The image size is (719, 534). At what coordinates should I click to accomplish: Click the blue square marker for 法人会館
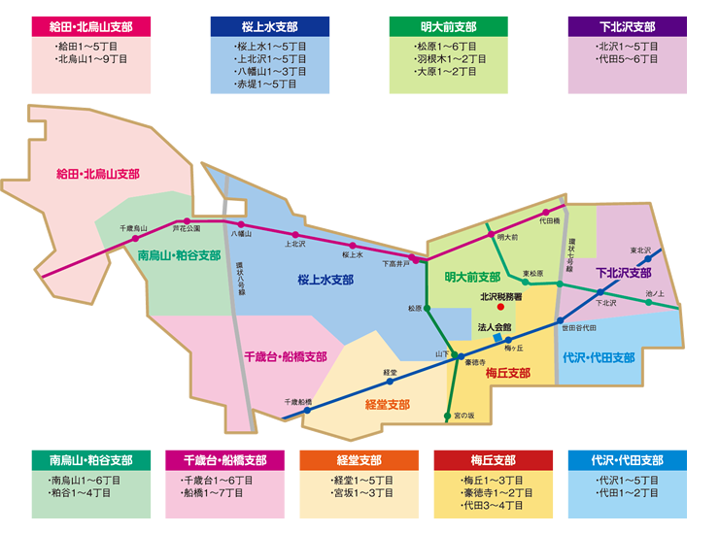[497, 339]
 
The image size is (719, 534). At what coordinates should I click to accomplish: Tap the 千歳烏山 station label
[133, 228]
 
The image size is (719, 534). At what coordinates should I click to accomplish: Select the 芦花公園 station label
[187, 228]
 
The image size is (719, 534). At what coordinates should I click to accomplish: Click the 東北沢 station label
[640, 250]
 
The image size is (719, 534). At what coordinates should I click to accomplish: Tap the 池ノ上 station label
[655, 292]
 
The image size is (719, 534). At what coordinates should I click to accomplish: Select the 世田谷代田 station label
[579, 328]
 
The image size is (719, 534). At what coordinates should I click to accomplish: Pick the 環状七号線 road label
[573, 250]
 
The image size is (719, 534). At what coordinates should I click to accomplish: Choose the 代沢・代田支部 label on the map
[599, 358]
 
